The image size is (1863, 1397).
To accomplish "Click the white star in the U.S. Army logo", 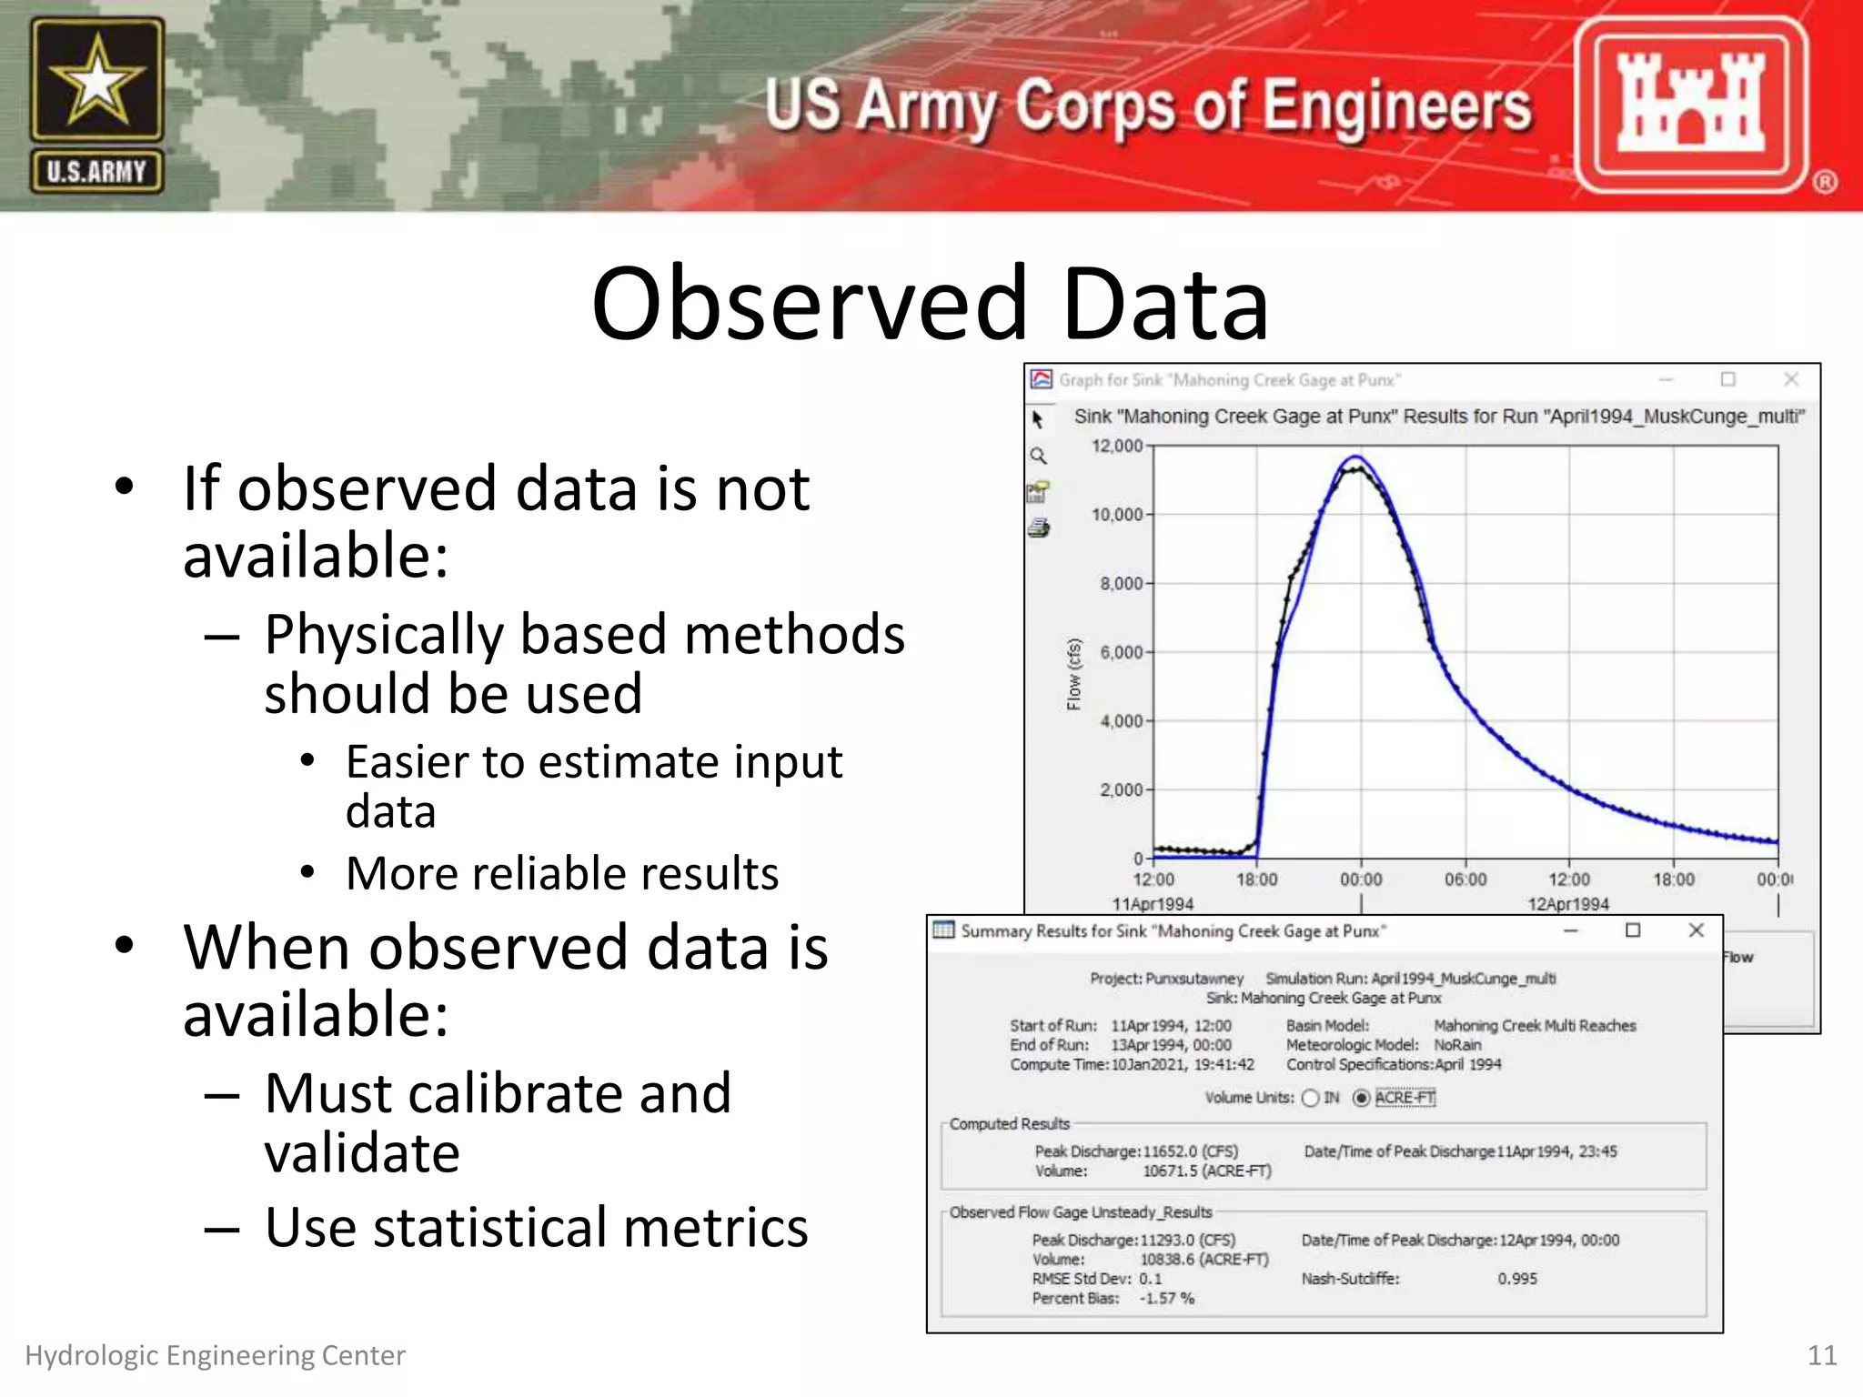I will coord(96,82).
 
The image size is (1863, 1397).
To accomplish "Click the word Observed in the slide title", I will coord(809,304).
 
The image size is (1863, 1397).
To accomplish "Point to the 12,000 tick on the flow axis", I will coord(1117,446).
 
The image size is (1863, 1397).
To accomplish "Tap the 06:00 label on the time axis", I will coord(1465,879).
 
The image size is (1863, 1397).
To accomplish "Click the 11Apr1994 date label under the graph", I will coord(1153,904).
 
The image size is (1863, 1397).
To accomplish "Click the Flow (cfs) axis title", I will coord(1074,674).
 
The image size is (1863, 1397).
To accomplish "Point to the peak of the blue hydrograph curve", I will coord(1355,457).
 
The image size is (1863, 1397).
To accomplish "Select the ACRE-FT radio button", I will coord(1362,1098).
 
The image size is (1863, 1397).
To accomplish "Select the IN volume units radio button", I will coord(1311,1098).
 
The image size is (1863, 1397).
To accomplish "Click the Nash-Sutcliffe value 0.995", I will coord(1517,1279).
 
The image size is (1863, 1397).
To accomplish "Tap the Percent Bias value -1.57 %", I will coord(1167,1299).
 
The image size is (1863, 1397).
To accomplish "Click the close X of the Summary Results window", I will coord(1696,930).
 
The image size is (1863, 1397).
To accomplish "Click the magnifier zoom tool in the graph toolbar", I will coord(1038,456).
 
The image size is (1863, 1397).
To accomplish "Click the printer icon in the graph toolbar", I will coord(1039,528).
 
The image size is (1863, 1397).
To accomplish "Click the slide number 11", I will coord(1821,1355).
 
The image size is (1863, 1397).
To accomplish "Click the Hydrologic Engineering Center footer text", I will coord(215,1355).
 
